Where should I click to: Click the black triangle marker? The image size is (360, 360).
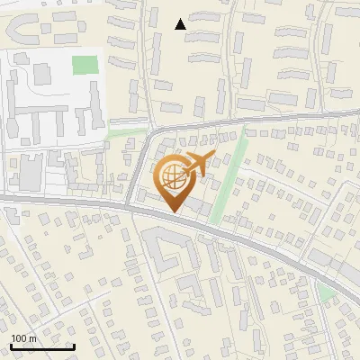181,24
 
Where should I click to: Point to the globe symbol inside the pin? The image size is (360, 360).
171,175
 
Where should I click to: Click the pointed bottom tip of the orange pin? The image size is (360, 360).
173,211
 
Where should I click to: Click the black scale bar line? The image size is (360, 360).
42,346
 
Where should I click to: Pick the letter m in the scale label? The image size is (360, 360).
33,338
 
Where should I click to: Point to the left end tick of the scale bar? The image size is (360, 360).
11,345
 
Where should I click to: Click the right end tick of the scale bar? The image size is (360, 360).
74,345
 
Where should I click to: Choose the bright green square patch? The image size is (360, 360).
85,65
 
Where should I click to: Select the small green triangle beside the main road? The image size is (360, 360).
327,293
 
